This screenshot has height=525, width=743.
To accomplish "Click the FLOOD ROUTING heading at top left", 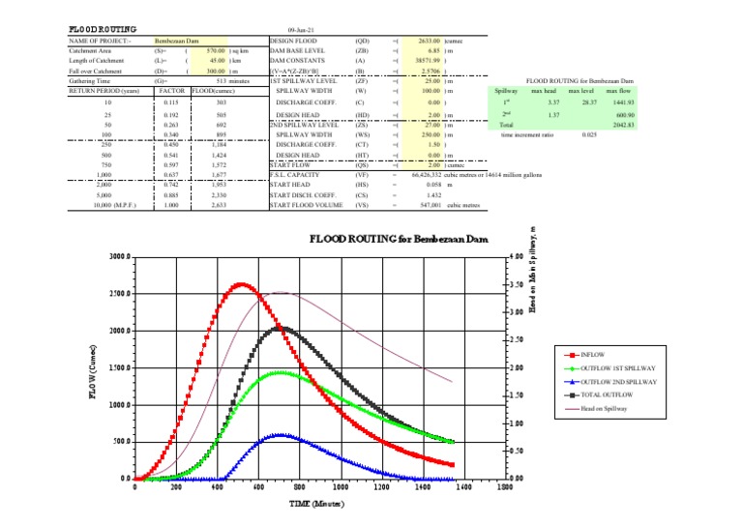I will (102, 30).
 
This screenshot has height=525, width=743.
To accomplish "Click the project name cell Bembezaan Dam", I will (176, 42).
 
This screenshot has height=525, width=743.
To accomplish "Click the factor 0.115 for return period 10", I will (171, 102).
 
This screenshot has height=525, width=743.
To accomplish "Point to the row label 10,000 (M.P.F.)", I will (108, 205).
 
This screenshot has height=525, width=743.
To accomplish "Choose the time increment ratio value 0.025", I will (589, 135).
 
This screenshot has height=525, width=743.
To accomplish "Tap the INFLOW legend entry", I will (598, 354).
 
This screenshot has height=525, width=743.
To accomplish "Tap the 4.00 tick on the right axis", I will (517, 257).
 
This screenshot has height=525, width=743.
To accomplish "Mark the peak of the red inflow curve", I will (241, 284).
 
